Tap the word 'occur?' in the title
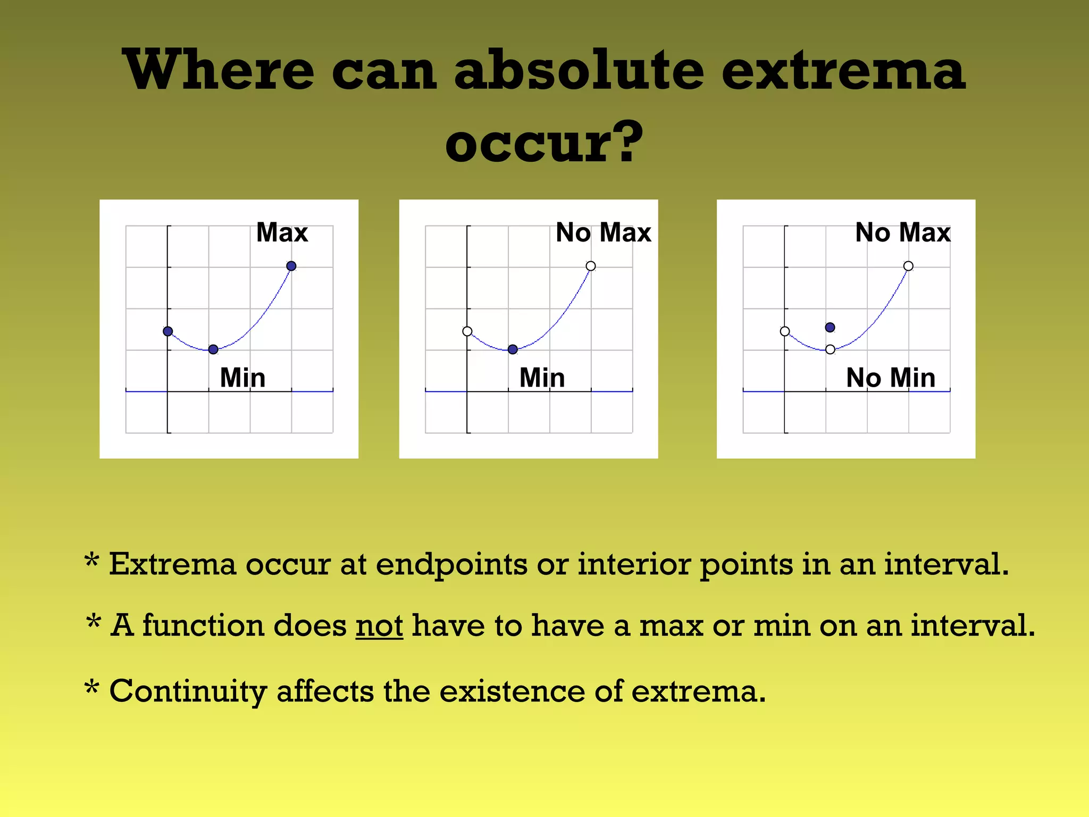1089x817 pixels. pyautogui.click(x=543, y=143)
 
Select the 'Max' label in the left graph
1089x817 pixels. pyautogui.click(x=282, y=232)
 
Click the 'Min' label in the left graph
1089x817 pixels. pyautogui.click(x=242, y=378)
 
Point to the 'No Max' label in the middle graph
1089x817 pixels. pyautogui.click(x=603, y=232)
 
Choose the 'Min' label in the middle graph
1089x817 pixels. pyautogui.click(x=542, y=378)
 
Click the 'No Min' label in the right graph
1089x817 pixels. pyautogui.click(x=890, y=378)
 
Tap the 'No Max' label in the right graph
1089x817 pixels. pyautogui.click(x=902, y=232)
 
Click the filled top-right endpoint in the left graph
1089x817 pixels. pyautogui.click(x=291, y=266)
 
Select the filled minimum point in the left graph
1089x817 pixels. pyautogui.click(x=213, y=349)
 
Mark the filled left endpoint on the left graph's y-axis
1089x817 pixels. pyautogui.click(x=167, y=331)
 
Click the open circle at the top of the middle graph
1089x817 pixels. pyautogui.click(x=591, y=266)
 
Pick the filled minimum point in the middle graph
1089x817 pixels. pyautogui.click(x=513, y=349)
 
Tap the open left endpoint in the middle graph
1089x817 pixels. pyautogui.click(x=467, y=331)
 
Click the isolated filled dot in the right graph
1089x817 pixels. pyautogui.click(x=830, y=327)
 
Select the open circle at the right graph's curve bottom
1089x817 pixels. pyautogui.click(x=830, y=349)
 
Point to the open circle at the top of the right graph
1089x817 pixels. pyautogui.click(x=908, y=266)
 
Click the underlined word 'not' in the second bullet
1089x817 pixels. pyautogui.click(x=379, y=626)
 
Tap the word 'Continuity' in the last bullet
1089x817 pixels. pyautogui.click(x=188, y=691)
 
